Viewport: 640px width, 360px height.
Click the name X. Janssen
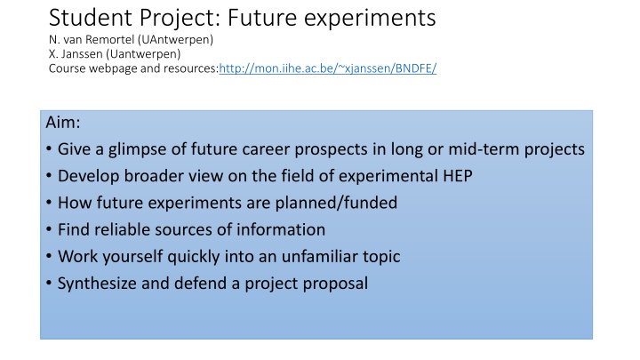72,53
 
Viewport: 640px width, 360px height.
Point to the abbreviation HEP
456,176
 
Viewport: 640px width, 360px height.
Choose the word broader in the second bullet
150,176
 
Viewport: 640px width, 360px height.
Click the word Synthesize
95,284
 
